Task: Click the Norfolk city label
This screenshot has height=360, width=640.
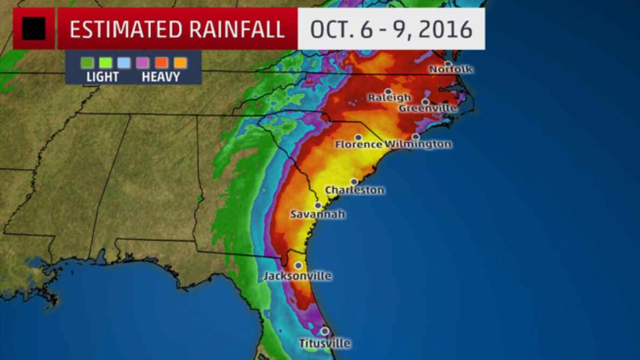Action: tap(451, 69)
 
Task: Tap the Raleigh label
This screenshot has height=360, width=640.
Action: tap(390, 98)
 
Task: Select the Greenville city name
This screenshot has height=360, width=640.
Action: tap(428, 108)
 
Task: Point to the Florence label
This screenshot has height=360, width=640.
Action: tap(359, 144)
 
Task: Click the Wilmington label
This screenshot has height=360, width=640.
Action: tap(419, 144)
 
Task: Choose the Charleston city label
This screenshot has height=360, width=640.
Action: tap(355, 190)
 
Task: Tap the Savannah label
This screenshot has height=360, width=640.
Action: tap(318, 214)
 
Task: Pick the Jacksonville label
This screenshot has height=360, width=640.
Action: tap(298, 276)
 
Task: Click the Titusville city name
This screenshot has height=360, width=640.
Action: tap(325, 343)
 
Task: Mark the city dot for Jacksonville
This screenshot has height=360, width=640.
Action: tap(298, 266)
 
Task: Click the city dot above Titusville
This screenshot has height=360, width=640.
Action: tap(325, 332)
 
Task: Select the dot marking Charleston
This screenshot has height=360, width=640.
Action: tap(355, 182)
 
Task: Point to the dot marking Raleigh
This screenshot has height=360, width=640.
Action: tap(389, 91)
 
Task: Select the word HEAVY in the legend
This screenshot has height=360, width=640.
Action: tap(161, 77)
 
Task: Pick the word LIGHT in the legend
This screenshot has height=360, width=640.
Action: tap(103, 77)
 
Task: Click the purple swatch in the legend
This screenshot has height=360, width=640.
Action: tap(142, 63)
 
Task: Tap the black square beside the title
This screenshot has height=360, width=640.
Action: tap(34, 29)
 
